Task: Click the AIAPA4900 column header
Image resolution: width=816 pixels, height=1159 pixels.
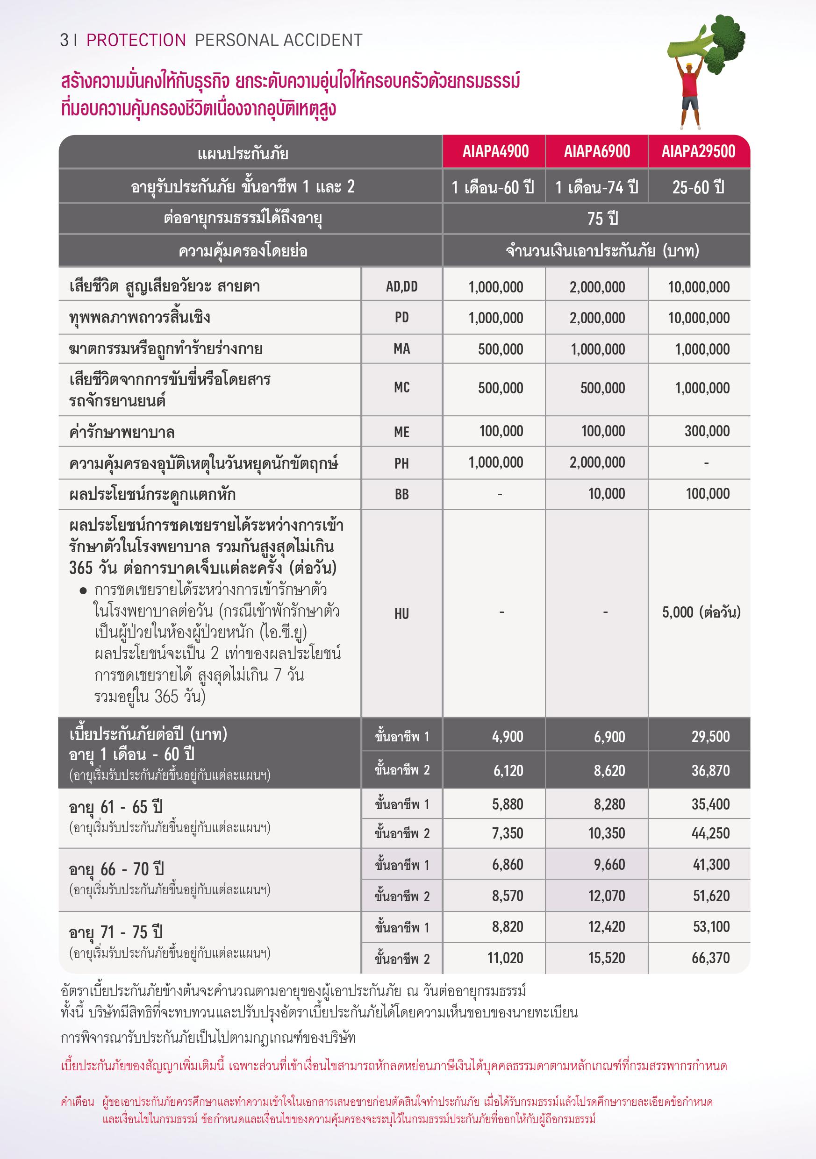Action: point(495,151)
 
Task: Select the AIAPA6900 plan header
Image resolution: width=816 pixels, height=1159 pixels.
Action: point(597,151)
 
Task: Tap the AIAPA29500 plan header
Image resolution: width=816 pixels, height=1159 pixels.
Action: point(698,151)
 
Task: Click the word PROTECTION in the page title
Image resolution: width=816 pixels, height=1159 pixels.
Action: point(136,40)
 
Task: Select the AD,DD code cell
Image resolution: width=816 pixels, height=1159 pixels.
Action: point(401,287)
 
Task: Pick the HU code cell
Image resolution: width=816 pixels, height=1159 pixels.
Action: point(401,614)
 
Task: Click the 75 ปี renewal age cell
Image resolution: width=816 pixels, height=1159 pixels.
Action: point(603,219)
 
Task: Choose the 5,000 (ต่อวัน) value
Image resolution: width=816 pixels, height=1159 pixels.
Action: point(701,612)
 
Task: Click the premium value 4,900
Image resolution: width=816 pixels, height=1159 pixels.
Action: point(508,737)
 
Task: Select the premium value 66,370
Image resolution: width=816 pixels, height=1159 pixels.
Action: point(710,958)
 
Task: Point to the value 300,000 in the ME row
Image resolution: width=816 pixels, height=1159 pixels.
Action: point(707,431)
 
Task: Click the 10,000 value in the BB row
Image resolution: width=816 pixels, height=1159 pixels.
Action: point(607,494)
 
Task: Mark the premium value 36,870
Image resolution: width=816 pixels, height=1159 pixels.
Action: point(710,770)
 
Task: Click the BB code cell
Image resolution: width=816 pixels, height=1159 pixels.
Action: point(401,494)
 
